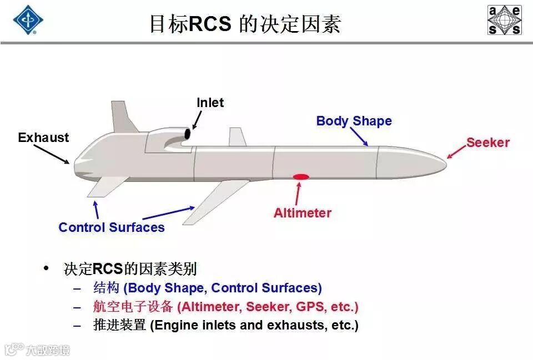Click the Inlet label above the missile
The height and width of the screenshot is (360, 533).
click(x=210, y=103)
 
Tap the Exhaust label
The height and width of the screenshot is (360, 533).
click(x=43, y=138)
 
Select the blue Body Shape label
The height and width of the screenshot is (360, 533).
click(x=354, y=121)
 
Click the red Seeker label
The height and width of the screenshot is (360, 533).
click(x=487, y=143)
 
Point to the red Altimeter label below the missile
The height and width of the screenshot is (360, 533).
click(x=302, y=213)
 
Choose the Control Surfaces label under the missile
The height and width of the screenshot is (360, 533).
click(x=112, y=227)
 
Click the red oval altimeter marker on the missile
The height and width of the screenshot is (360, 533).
click(x=301, y=177)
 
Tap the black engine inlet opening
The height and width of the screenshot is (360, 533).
click(x=188, y=134)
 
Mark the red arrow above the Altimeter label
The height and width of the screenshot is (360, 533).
click(x=299, y=194)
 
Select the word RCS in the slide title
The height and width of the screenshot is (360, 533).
click(x=210, y=24)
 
